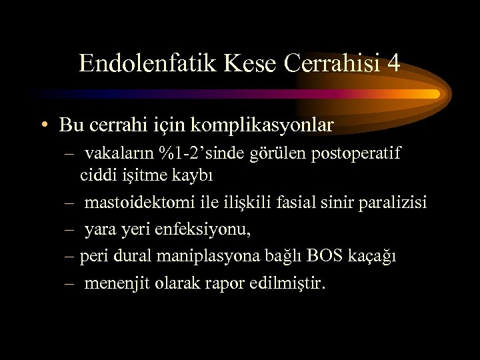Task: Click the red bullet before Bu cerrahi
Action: (44, 125)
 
